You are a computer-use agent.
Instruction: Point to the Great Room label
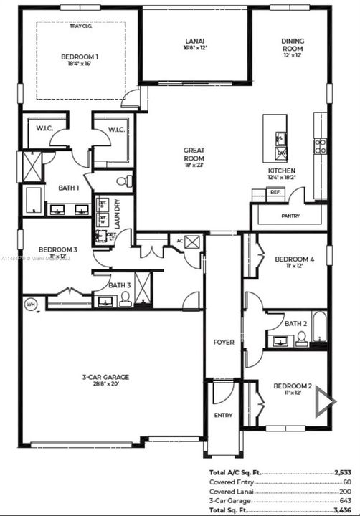(194, 154)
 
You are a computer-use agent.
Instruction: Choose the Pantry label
(290, 215)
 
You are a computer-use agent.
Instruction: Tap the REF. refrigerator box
(255, 193)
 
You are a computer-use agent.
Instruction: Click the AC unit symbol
(191, 242)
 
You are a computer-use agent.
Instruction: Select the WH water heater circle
(30, 303)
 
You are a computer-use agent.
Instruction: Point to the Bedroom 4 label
(294, 259)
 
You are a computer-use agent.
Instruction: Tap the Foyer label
(224, 343)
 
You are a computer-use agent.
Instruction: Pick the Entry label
(224, 415)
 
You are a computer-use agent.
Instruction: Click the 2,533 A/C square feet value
(342, 473)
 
